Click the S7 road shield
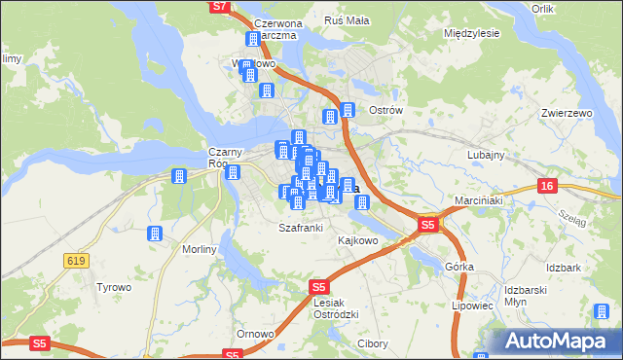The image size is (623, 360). pyautogui.click(x=219, y=6)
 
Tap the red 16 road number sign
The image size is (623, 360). pyautogui.click(x=548, y=185)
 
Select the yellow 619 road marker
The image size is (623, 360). pyautogui.click(x=77, y=260)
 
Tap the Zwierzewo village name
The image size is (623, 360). pyautogui.click(x=567, y=113)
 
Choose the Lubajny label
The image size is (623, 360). pyautogui.click(x=485, y=155)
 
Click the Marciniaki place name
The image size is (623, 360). pyautogui.click(x=477, y=201)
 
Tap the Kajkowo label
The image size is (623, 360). pyautogui.click(x=357, y=239)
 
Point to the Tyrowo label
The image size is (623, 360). pyautogui.click(x=113, y=287)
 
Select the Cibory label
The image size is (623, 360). pyautogui.click(x=373, y=344)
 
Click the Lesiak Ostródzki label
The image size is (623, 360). pyautogui.click(x=340, y=308)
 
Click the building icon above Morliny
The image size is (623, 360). pyautogui.click(x=154, y=234)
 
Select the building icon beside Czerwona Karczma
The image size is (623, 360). pyautogui.click(x=253, y=40)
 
